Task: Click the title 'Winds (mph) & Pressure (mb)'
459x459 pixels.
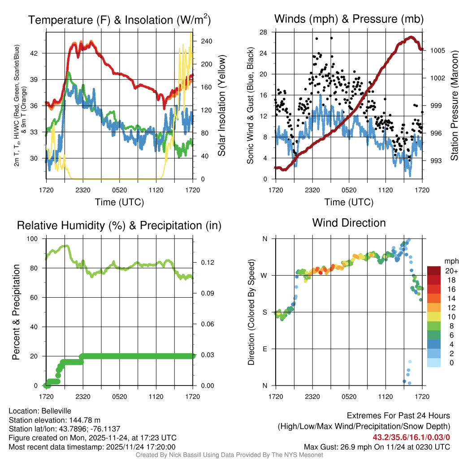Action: click(349, 19)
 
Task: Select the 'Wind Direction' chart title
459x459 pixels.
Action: click(349, 223)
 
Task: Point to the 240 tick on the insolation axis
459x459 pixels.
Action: click(204, 41)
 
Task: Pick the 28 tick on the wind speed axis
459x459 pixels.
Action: click(263, 32)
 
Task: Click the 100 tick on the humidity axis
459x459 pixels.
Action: click(34, 239)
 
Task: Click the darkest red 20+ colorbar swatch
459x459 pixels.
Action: click(434, 271)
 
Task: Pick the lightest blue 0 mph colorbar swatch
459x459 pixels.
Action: click(434, 363)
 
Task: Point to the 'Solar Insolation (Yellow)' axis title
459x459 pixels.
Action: click(221, 105)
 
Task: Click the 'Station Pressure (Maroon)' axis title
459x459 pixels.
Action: click(454, 105)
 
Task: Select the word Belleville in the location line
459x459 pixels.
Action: click(55, 411)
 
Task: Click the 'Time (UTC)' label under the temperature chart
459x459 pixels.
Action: click(119, 202)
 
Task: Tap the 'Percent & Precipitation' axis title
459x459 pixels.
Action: click(16, 312)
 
